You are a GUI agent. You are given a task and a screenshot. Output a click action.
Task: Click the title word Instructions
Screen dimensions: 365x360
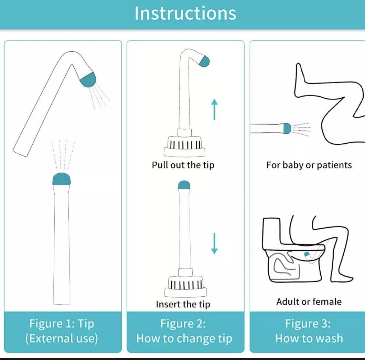185,13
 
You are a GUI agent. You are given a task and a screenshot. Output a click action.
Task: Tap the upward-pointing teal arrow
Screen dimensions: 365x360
214,109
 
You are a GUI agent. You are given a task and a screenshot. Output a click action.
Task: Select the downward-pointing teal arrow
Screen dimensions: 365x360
214,243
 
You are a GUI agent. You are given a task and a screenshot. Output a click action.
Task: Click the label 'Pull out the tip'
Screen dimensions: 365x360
183,165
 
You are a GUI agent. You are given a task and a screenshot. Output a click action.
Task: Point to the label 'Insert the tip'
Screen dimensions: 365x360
183,304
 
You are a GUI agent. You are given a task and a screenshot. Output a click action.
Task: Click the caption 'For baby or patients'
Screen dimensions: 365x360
309,165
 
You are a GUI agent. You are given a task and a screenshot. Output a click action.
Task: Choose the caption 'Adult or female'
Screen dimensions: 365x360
309,302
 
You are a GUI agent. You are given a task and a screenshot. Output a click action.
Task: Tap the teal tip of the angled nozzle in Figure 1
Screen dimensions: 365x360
88,80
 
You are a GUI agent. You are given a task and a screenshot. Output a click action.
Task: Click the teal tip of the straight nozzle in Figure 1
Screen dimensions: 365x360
62,179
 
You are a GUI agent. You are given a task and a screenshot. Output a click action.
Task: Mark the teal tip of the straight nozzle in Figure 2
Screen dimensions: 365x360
184,185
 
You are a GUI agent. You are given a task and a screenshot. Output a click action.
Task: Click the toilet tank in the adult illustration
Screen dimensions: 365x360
271,234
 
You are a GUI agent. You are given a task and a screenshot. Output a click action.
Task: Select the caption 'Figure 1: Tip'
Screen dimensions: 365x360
62,324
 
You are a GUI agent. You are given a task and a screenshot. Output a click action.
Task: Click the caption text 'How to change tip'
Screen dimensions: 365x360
184,338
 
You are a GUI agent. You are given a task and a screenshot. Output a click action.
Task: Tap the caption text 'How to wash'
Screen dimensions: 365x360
309,338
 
